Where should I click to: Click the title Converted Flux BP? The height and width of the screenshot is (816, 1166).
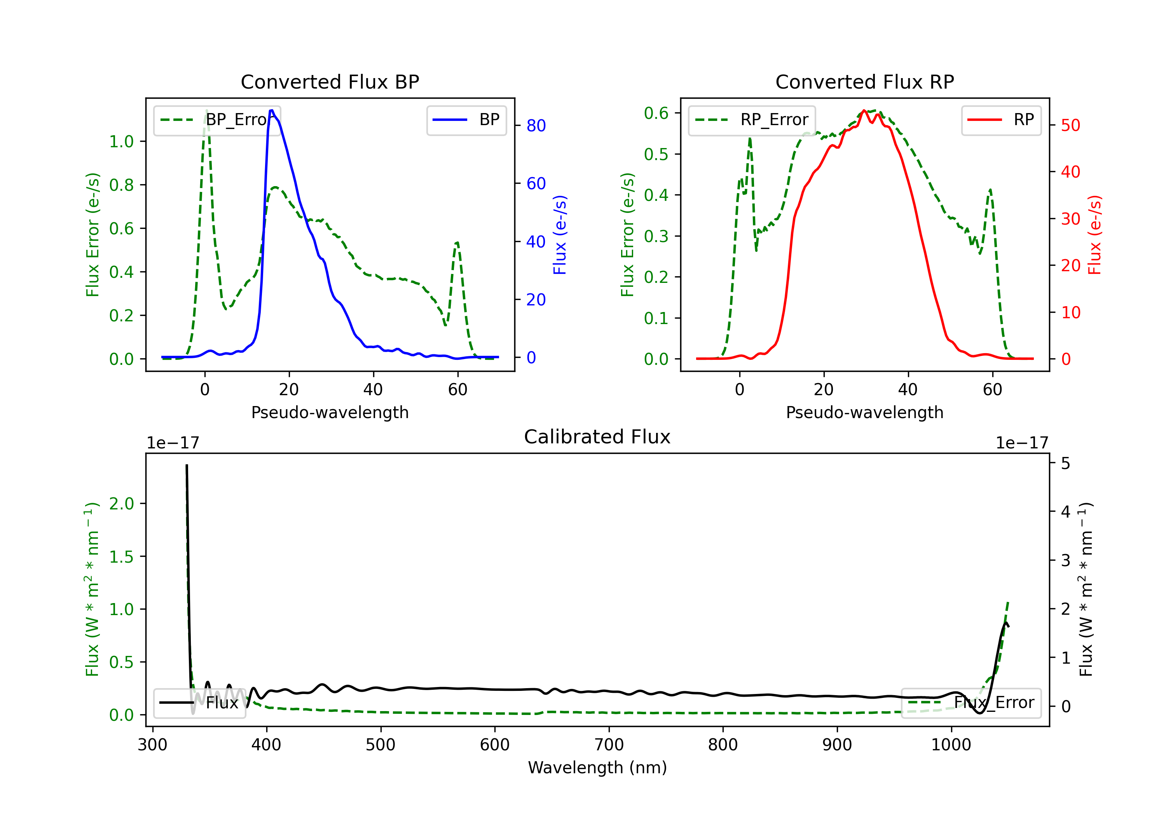(330, 82)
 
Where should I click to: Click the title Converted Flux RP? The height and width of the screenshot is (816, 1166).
(864, 82)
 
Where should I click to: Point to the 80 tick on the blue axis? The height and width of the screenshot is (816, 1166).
(536, 126)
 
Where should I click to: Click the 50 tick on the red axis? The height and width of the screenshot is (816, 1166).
(1070, 126)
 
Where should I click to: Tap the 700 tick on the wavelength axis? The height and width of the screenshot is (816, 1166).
(609, 745)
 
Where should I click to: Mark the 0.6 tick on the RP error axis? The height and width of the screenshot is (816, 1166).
(656, 113)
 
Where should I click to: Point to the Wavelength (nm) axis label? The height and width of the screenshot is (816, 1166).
(597, 767)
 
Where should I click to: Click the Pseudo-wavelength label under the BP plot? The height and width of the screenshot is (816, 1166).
(330, 412)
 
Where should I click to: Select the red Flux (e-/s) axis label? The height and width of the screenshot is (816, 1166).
(1094, 235)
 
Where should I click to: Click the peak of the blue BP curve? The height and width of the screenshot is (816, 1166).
(272, 110)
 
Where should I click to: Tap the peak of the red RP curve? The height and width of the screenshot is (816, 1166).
(864, 111)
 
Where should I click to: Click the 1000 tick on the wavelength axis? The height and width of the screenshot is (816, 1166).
(951, 745)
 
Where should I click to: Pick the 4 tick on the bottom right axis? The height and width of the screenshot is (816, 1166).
(1065, 511)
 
